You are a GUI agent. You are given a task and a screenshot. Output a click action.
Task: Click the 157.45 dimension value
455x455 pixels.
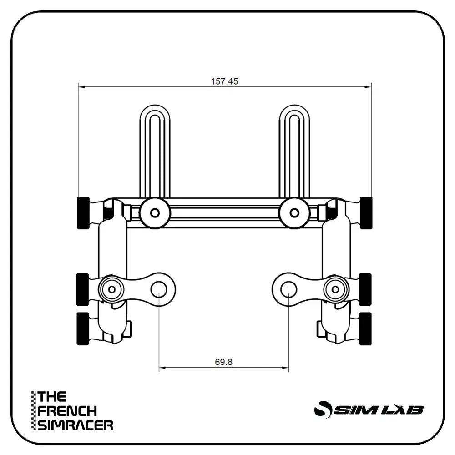pyautogui.click(x=224, y=81)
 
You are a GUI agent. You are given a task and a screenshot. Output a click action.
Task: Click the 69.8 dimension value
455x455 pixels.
pyautogui.click(x=223, y=362)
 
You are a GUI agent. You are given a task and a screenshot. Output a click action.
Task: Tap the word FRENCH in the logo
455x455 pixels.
pyautogui.click(x=67, y=411)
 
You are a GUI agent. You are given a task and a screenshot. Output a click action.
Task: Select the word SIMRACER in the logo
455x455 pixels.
pyautogui.click(x=76, y=425)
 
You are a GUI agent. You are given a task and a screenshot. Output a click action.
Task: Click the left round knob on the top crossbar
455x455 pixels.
pyautogui.click(x=155, y=212)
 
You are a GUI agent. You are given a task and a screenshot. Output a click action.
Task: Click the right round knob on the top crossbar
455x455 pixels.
pyautogui.click(x=294, y=212)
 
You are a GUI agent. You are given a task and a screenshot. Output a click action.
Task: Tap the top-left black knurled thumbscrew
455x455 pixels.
pyautogui.click(x=83, y=212)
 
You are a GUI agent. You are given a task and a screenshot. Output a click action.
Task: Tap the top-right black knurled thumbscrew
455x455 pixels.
pyautogui.click(x=366, y=212)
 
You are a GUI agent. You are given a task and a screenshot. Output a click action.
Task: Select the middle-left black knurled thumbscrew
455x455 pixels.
pyautogui.click(x=82, y=289)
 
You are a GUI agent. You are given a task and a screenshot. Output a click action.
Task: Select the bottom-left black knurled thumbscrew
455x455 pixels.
pyautogui.click(x=82, y=329)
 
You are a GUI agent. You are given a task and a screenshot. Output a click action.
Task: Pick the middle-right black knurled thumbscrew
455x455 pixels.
pyautogui.click(x=365, y=289)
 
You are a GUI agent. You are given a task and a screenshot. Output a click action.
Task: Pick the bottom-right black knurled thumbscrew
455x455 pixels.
pyautogui.click(x=365, y=329)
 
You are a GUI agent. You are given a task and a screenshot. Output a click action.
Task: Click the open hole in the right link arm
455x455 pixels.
pyautogui.click(x=289, y=289)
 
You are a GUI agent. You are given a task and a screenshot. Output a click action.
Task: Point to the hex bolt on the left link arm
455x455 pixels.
pyautogui.click(x=111, y=289)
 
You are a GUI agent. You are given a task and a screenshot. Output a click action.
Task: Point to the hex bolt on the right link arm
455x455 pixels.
pyautogui.click(x=336, y=289)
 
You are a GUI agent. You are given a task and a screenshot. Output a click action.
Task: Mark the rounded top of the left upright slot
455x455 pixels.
pyautogui.click(x=155, y=112)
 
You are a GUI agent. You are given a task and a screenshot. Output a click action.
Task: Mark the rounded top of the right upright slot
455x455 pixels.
pyautogui.click(x=294, y=112)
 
